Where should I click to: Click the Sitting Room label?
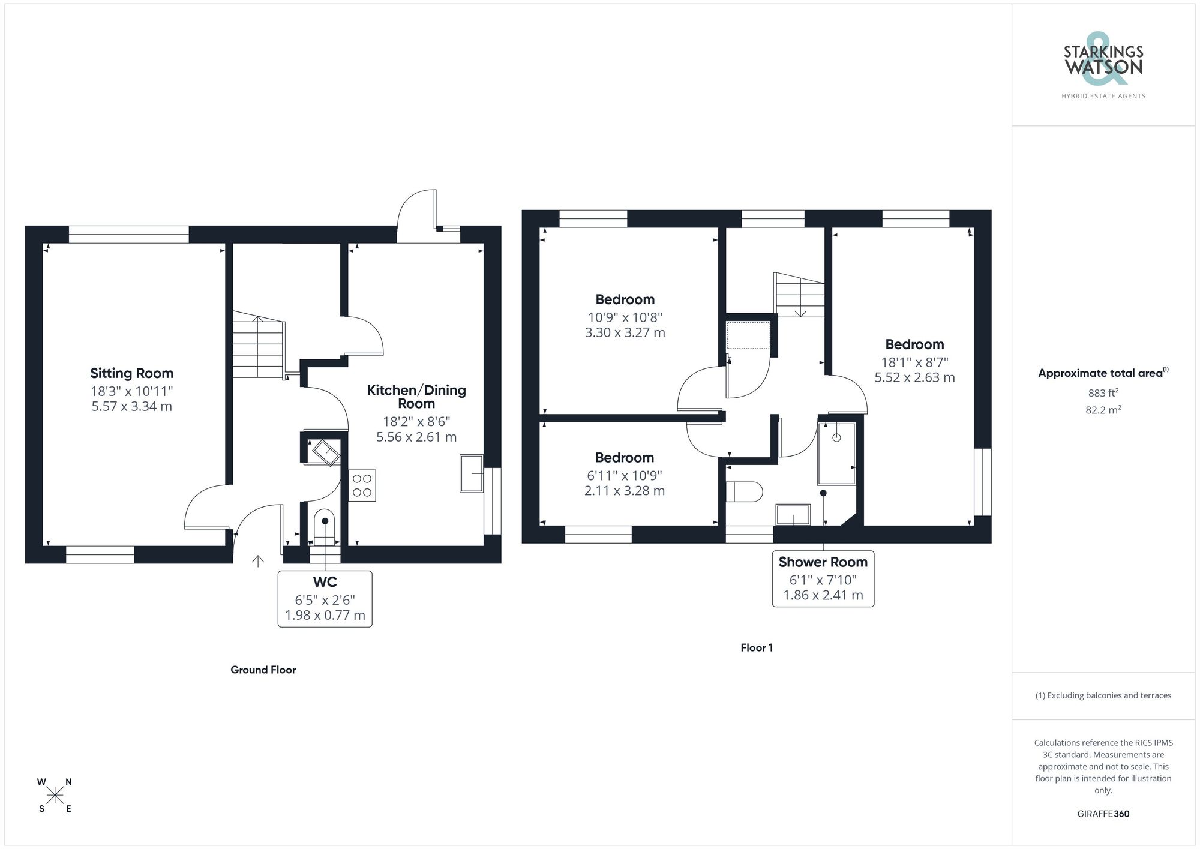(x=131, y=373)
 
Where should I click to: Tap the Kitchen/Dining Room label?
(x=416, y=397)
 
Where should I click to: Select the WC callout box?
(x=325, y=599)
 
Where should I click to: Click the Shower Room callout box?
(x=823, y=579)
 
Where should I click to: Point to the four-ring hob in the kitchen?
(x=362, y=485)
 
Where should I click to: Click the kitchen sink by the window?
(x=471, y=474)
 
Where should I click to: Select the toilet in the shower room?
(x=743, y=491)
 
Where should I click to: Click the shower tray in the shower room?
(x=836, y=453)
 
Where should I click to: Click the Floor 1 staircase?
(x=800, y=295)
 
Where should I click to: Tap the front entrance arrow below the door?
(x=258, y=561)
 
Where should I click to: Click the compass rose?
(x=55, y=796)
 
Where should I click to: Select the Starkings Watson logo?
(x=1103, y=66)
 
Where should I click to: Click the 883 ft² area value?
(x=1103, y=393)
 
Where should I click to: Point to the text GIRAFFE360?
(x=1103, y=814)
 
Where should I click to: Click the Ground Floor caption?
(x=263, y=670)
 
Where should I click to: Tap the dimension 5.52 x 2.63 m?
(x=914, y=377)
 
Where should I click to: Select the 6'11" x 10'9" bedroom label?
(x=624, y=475)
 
